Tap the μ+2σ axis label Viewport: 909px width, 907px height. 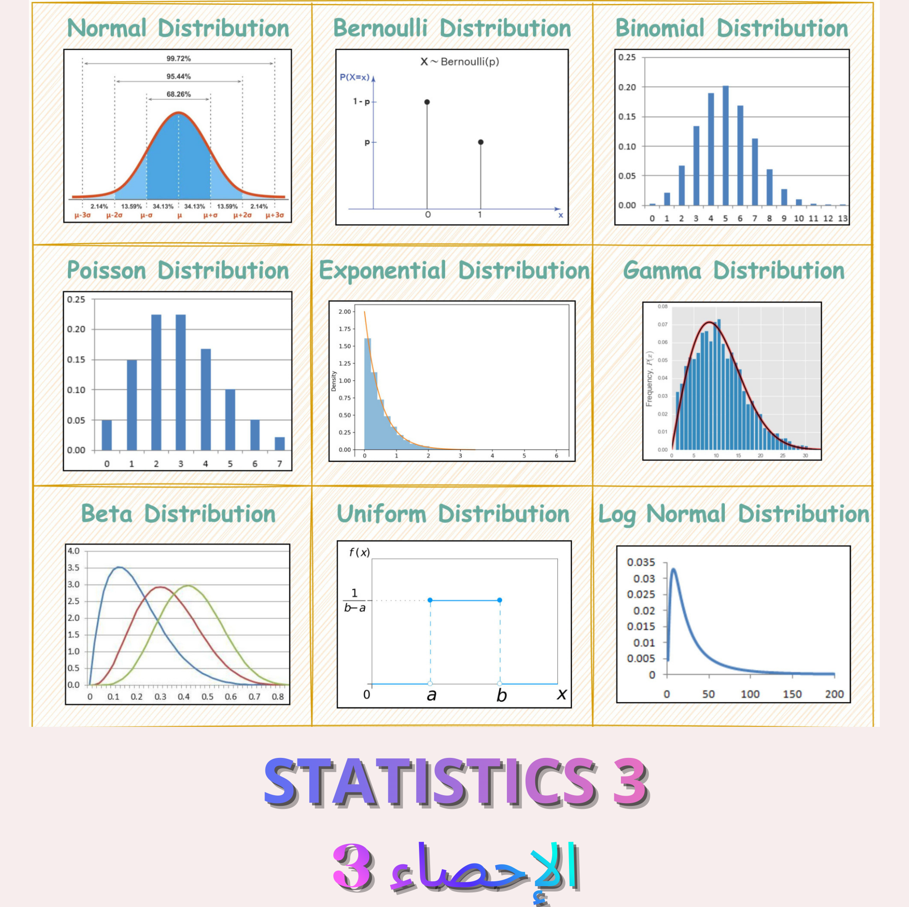click(x=242, y=215)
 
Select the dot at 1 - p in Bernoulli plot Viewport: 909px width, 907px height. click(x=427, y=102)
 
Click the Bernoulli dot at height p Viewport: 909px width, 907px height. click(x=480, y=142)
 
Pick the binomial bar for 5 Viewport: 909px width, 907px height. click(x=726, y=146)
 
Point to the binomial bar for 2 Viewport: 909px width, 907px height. click(x=682, y=185)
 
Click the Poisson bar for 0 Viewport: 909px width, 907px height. click(x=107, y=435)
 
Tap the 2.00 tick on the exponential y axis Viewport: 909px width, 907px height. click(x=344, y=312)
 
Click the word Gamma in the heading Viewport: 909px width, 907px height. click(x=661, y=271)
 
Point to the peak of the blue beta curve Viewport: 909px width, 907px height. click(x=119, y=568)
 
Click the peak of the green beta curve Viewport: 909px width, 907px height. click(x=188, y=586)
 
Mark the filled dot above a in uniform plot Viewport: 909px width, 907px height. click(x=430, y=600)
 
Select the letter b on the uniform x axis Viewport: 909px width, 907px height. click(x=502, y=695)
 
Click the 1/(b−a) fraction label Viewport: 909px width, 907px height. click(x=354, y=600)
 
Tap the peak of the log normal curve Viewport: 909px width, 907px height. click(x=674, y=569)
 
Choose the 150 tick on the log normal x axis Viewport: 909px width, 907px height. click(x=792, y=694)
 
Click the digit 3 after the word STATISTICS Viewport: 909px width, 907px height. click(x=630, y=782)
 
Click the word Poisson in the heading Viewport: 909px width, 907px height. click(x=107, y=271)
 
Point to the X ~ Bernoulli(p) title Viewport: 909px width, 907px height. click(x=459, y=62)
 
